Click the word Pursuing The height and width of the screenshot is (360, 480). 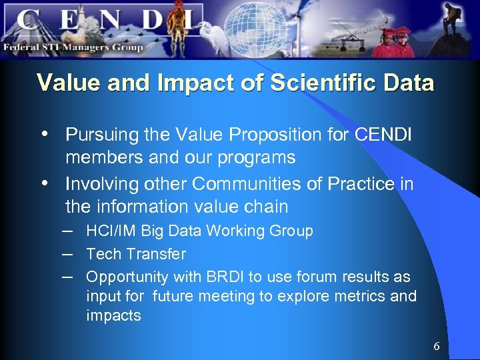(x=99, y=135)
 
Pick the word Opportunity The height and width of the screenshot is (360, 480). (x=128, y=277)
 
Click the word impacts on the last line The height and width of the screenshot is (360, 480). (x=113, y=315)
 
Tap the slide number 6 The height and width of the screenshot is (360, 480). (x=437, y=346)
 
